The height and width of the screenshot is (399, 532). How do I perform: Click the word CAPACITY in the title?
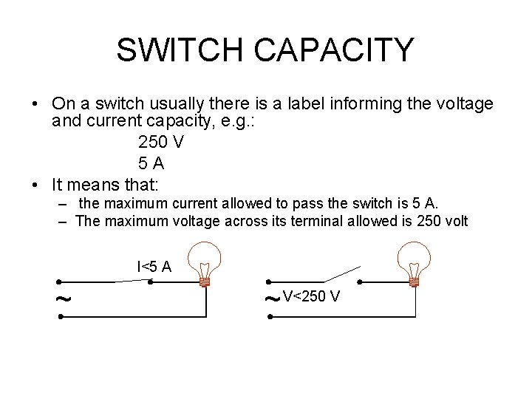(x=333, y=50)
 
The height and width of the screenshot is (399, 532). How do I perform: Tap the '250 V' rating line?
(x=160, y=143)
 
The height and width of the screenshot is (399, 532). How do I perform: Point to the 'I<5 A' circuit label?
(x=154, y=267)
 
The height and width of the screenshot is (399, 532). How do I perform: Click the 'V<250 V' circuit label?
(x=311, y=297)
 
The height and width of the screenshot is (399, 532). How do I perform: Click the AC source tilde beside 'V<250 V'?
(x=271, y=299)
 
